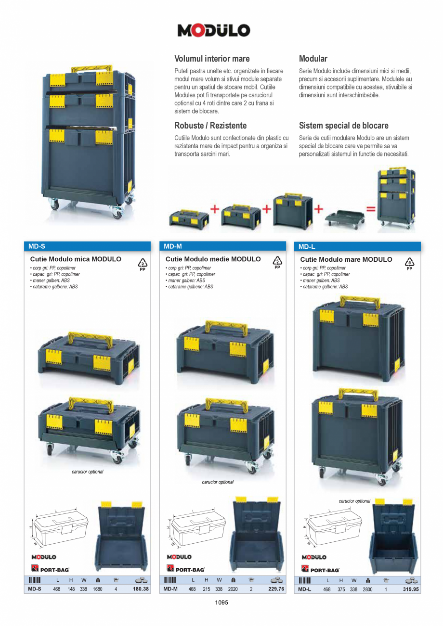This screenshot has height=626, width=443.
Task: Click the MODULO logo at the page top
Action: tap(214, 31)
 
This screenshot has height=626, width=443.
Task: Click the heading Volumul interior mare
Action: tap(212, 59)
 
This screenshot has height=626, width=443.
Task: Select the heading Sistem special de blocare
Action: tap(343, 126)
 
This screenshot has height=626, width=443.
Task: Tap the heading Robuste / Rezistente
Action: tap(210, 126)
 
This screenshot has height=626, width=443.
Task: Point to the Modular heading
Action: tap(313, 59)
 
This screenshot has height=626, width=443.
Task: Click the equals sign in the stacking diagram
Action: tap(370, 209)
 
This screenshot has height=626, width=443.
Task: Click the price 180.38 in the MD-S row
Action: tap(141, 589)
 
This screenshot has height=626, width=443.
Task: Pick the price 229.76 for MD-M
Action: tap(276, 589)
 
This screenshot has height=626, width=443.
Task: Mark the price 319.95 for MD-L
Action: tap(411, 589)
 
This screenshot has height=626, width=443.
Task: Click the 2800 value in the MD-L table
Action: tap(368, 589)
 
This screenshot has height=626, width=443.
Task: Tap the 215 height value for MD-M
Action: tap(206, 589)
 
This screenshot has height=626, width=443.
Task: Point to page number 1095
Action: tap(221, 602)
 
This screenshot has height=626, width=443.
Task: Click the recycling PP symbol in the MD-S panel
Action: tap(142, 264)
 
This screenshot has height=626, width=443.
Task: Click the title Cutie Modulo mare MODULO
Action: tap(346, 259)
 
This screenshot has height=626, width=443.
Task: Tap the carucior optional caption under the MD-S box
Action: tap(88, 472)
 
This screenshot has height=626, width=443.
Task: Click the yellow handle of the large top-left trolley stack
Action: tap(91, 68)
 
